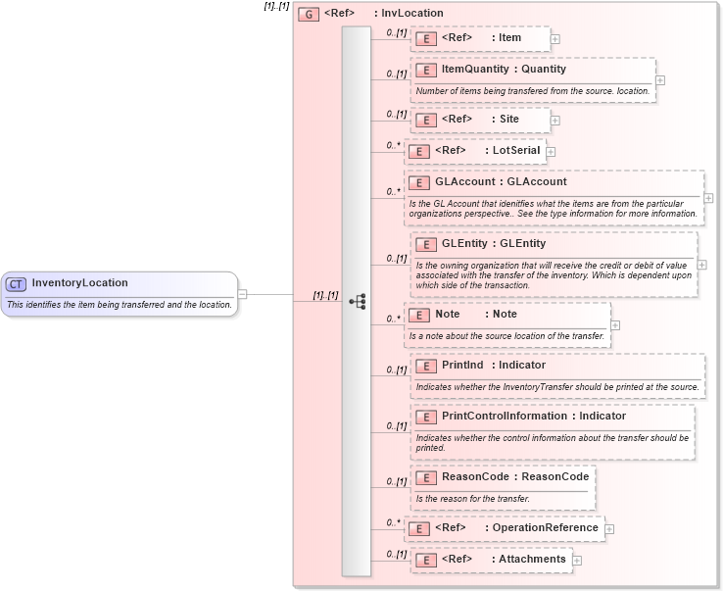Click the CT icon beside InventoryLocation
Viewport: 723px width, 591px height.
[x=16, y=284]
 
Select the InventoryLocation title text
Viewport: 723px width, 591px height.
[x=79, y=283]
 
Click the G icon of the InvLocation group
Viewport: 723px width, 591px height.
[x=309, y=14]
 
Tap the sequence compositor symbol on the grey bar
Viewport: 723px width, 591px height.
[x=357, y=301]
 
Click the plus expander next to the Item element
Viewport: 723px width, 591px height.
[x=555, y=39]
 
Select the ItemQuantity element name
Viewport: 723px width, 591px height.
[x=475, y=70]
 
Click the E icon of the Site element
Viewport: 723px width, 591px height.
[x=426, y=120]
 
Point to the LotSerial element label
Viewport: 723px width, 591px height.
[x=517, y=151]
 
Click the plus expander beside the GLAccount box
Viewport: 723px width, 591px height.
[x=708, y=198]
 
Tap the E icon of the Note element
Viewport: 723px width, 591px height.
[x=419, y=315]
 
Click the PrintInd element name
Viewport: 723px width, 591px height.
[x=462, y=366]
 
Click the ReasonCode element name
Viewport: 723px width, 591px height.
[x=475, y=476]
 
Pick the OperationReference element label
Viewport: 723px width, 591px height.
[x=545, y=527]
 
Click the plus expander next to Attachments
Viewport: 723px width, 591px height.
[x=577, y=561]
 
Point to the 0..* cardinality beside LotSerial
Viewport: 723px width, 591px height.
[x=394, y=145]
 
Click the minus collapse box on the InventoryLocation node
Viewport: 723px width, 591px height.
[x=242, y=293]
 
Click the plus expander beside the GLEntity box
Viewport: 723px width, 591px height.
[x=701, y=265]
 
